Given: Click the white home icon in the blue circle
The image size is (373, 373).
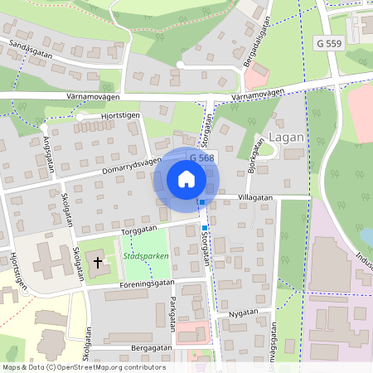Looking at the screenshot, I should click(186, 178).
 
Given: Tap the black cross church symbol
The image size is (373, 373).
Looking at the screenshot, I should click(99, 263).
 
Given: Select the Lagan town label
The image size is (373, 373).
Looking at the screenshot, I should click(288, 138).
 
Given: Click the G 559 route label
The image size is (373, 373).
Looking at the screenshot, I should click(328, 41).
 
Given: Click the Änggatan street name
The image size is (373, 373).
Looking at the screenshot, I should click(46, 153).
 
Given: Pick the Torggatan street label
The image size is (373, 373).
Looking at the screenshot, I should click(138, 230).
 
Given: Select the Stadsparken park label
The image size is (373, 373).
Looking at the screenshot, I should click(146, 257).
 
